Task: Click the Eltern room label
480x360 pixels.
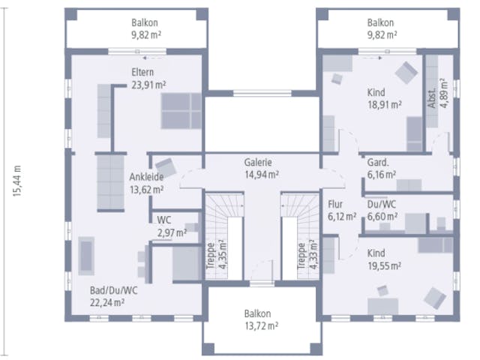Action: coord(142,72)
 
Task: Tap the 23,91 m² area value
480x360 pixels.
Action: coord(148,85)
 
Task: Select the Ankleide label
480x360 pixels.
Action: coord(146,177)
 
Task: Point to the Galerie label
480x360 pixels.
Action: coord(258,162)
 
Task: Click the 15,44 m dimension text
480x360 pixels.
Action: coord(17,181)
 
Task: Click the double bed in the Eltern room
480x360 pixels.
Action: coord(181,111)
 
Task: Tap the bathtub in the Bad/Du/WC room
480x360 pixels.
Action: coord(86,256)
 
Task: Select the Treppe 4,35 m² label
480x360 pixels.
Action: coord(217,255)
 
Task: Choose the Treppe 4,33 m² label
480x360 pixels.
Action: coord(307,255)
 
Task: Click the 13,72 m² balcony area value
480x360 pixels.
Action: coord(261,326)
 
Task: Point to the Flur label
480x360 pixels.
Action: coord(335,204)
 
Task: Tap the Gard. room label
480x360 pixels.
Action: coord(378,162)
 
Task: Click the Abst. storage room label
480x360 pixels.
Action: coord(432,98)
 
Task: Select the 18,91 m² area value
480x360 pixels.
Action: coord(385,105)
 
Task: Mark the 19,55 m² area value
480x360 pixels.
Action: coord(385,266)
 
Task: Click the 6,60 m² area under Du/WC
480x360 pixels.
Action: coord(382,217)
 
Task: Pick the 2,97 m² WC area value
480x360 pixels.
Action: coord(172,233)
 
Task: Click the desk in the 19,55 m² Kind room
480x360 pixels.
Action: coord(382,306)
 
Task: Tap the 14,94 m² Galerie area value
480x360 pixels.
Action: coord(262,175)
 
